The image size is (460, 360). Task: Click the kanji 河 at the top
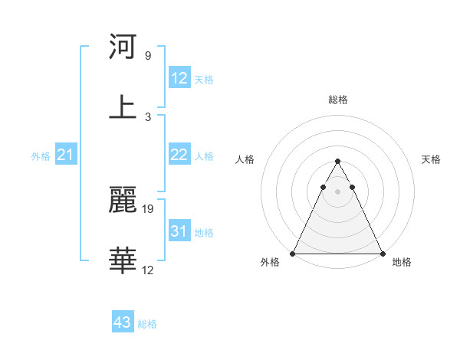click(x=123, y=47)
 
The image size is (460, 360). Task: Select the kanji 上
click(x=123, y=107)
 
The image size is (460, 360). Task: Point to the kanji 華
click(x=123, y=261)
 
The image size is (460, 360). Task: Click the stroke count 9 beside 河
click(x=148, y=56)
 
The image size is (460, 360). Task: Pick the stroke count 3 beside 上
click(x=148, y=116)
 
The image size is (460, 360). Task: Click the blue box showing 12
click(x=179, y=78)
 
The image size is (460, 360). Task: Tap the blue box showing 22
click(x=179, y=155)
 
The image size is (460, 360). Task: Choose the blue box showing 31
click(x=179, y=231)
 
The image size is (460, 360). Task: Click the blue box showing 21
click(x=66, y=155)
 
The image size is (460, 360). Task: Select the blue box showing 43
click(x=123, y=323)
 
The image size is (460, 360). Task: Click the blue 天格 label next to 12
click(x=204, y=79)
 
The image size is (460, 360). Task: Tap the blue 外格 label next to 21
click(x=41, y=156)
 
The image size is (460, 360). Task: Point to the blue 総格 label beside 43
click(x=147, y=324)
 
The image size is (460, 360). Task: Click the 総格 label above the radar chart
click(x=337, y=100)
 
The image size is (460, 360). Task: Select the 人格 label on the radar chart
click(x=246, y=159)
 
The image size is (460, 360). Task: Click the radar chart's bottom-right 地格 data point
click(x=382, y=254)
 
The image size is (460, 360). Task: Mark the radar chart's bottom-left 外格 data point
click(x=293, y=254)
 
